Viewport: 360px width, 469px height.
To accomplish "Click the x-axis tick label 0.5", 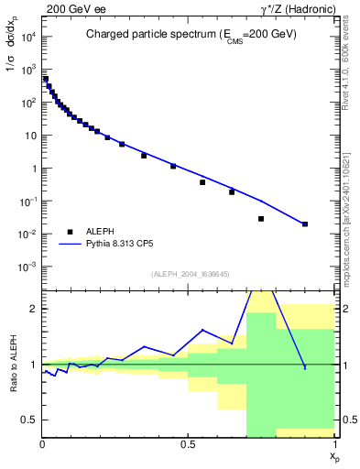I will [188, 444].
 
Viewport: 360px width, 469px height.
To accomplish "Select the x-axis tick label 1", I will [334, 444].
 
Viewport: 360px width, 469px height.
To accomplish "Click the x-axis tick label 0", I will [43, 444].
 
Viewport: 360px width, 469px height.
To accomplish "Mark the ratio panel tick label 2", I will [33, 309].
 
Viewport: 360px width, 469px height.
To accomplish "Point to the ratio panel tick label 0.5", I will [29, 420].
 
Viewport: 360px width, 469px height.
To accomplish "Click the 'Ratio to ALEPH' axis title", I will [12, 365].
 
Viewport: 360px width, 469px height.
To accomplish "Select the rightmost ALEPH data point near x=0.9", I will [305, 224].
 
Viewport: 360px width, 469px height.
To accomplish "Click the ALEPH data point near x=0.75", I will [261, 219].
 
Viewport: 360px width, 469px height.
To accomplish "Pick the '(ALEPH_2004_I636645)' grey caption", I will [189, 274].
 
